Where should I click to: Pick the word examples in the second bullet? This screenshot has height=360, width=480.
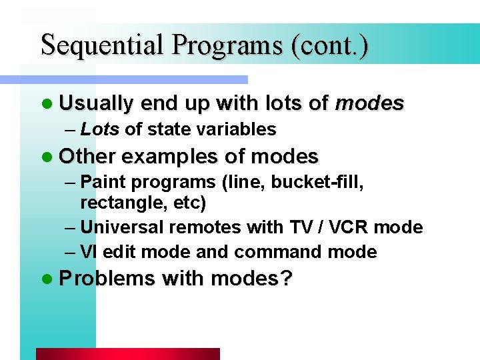pyautogui.click(x=170, y=157)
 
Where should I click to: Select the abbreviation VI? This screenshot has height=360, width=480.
pyautogui.click(x=89, y=252)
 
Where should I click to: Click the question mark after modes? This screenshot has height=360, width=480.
pyautogui.click(x=287, y=279)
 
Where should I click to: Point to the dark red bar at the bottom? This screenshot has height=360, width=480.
pyautogui.click(x=127, y=354)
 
